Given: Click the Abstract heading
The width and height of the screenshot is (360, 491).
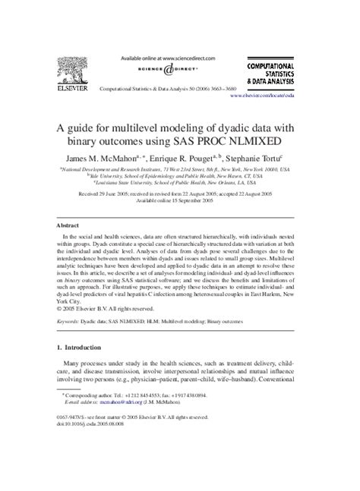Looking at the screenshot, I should (x=69, y=225).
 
